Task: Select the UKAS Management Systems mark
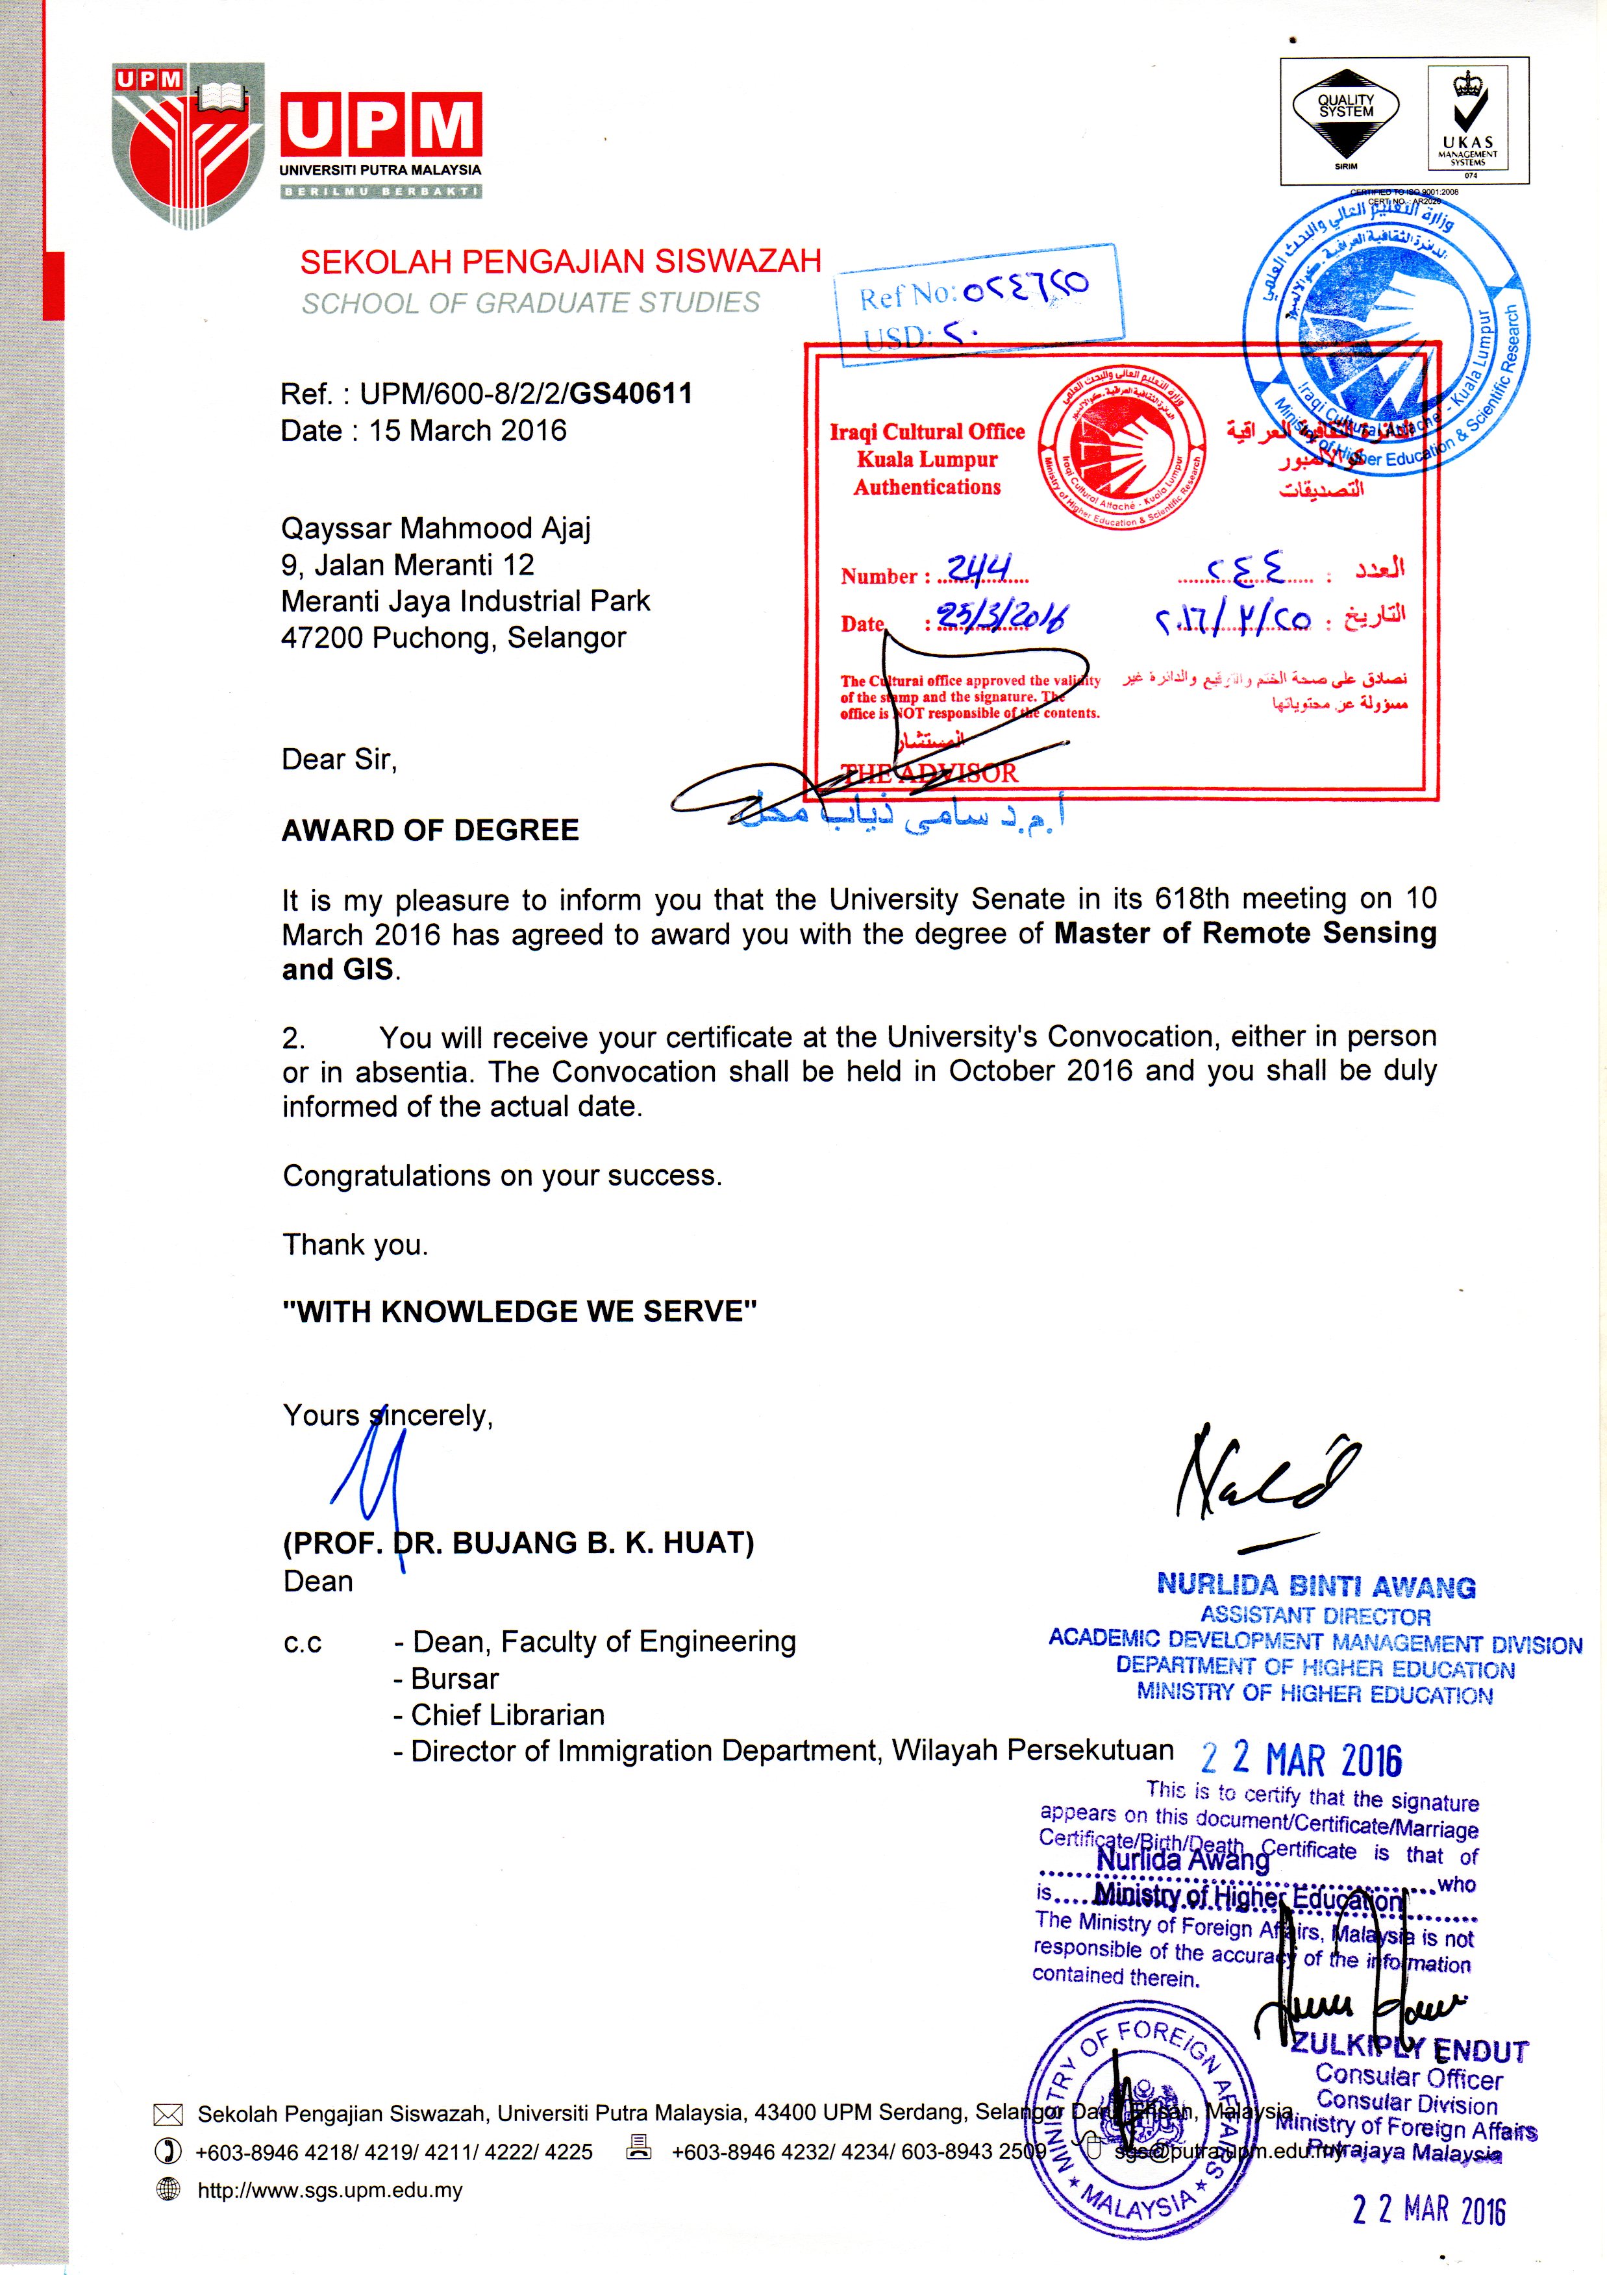1467,119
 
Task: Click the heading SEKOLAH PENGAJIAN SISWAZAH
561,262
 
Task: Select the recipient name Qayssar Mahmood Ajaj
436,528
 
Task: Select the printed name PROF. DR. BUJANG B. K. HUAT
518,1542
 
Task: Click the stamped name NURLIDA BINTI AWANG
1315,1586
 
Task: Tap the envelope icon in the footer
168,2115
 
